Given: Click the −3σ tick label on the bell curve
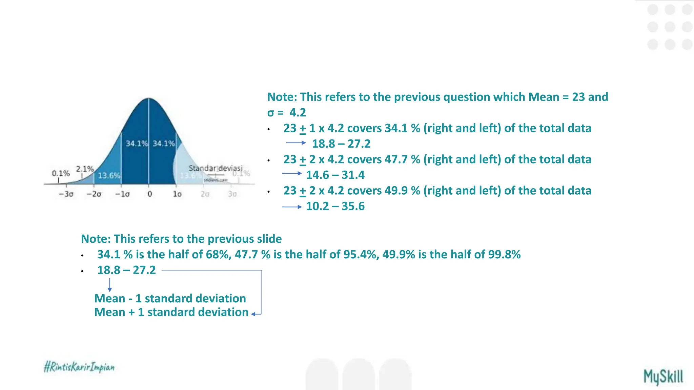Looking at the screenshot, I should [66, 194].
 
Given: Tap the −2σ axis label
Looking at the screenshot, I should [94, 194].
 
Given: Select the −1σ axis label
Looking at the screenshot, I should [122, 194].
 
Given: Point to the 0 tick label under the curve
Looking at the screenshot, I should [149, 194].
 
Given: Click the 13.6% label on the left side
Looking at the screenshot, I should [109, 175].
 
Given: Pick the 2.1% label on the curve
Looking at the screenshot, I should [85, 169].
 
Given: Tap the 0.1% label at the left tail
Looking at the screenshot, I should [61, 173].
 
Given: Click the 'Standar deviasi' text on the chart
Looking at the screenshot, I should [215, 168].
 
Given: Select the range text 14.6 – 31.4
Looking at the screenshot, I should [335, 175].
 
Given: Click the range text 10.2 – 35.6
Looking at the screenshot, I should [335, 206].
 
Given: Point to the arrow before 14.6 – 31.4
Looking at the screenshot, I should [292, 173].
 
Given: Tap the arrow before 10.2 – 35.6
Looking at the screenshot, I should [292, 207].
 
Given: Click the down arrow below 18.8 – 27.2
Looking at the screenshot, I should [109, 285].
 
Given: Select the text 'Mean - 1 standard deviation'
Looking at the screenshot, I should [170, 298].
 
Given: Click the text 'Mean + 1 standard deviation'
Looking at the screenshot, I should [171, 312].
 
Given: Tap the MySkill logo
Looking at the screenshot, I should [663, 377].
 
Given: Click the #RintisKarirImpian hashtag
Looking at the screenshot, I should [79, 367].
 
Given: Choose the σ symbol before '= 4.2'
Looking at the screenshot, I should [270, 112].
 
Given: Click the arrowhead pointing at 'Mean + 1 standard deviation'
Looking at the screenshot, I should [253, 314].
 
